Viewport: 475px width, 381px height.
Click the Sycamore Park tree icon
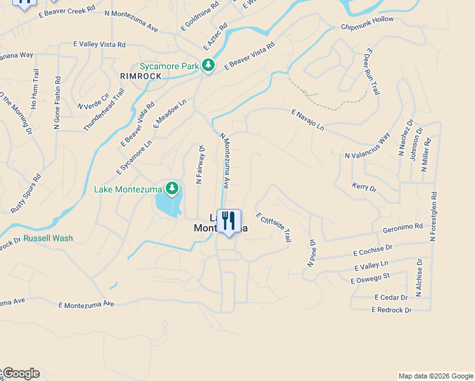coord(208,65)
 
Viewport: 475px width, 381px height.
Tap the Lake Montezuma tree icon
coord(172,189)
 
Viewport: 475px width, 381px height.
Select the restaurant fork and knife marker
coord(229,221)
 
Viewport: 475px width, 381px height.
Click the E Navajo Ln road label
coord(308,120)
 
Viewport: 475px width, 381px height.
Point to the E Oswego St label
coord(370,278)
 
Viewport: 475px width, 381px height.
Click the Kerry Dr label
coord(364,188)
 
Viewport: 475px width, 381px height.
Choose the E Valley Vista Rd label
coord(100,44)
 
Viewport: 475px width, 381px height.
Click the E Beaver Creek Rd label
coord(67,11)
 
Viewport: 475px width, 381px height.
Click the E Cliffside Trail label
coord(273,227)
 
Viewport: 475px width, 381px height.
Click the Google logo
coord(20,373)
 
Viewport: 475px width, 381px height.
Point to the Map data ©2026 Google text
coord(436,376)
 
